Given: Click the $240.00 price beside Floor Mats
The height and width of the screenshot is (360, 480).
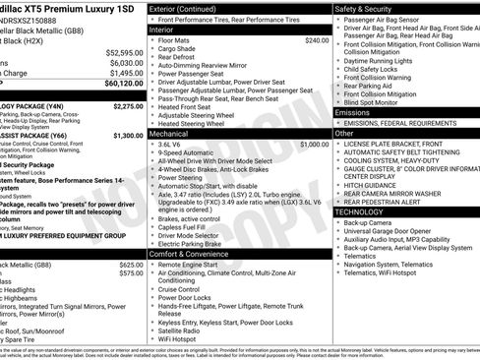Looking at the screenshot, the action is coord(317,40).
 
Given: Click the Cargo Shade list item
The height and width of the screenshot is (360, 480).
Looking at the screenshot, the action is coord(177,48).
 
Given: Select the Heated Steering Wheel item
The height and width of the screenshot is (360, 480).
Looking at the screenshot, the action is coord(196,123).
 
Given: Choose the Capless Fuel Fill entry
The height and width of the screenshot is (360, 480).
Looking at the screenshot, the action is coord(186,226).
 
